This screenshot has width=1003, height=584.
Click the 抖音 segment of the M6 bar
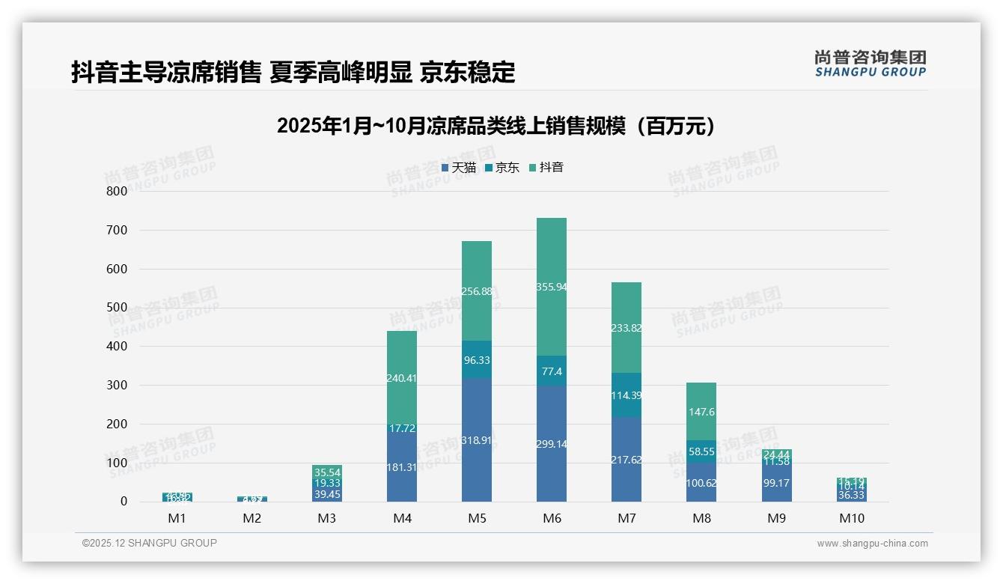point(551,287)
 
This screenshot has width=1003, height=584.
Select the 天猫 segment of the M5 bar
point(476,440)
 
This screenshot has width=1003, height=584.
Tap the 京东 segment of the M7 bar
point(626,395)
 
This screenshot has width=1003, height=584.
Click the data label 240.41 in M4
point(401,378)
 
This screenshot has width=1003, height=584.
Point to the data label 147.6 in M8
point(701,412)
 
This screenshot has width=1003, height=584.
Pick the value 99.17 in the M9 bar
point(776,484)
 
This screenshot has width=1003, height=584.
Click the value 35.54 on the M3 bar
point(326,472)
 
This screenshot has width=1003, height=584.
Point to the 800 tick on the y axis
point(117,191)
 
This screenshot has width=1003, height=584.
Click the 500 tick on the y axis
point(117,308)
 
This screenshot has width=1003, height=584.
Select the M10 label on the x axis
point(851,518)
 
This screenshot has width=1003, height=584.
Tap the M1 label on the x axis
point(177,518)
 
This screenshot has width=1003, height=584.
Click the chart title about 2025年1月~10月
point(496,126)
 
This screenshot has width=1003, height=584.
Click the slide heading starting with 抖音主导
point(293,72)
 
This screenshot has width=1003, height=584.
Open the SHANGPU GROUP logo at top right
point(870,64)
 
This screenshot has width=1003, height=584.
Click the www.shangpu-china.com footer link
point(872,544)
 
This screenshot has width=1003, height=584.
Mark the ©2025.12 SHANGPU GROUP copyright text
point(149,544)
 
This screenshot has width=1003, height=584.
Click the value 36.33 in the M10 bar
point(851,495)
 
